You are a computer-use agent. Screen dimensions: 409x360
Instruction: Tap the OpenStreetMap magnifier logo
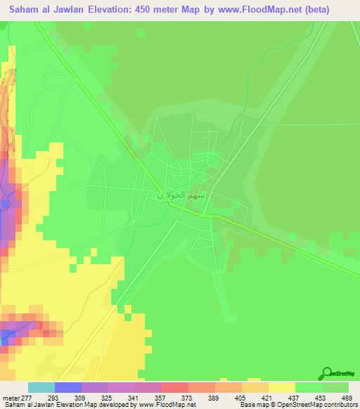pyautogui.click(x=327, y=372)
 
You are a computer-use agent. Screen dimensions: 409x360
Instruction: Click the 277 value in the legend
pyautogui.click(x=27, y=397)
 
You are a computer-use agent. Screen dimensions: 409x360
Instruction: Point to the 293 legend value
pyautogui.click(x=54, y=397)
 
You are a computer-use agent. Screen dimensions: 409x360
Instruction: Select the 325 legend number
pyautogui.click(x=108, y=397)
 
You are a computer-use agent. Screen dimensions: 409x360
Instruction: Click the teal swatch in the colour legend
pyautogui.click(x=41, y=387)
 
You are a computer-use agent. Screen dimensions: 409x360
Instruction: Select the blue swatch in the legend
pyautogui.click(x=67, y=387)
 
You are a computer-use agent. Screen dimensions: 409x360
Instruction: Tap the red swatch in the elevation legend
pyautogui.click(x=174, y=387)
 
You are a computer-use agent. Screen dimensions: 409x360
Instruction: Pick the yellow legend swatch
pyautogui.click(x=281, y=387)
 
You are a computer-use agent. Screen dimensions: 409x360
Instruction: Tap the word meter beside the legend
pyautogui.click(x=10, y=397)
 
